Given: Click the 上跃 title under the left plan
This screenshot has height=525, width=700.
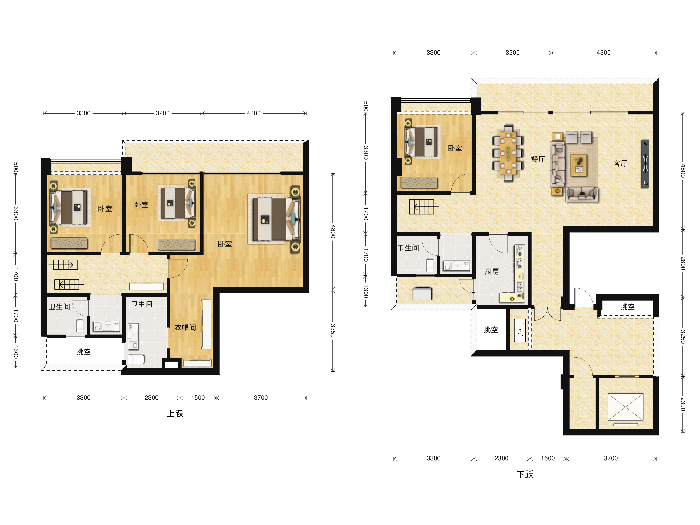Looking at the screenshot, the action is (175, 414).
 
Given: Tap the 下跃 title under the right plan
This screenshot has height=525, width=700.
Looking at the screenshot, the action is (525, 474).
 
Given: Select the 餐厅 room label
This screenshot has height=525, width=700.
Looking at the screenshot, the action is (538, 159).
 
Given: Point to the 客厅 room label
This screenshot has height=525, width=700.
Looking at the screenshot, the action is (620, 163).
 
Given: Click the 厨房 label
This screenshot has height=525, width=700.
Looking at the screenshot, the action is (492, 272).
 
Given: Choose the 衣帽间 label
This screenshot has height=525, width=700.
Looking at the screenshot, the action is (185, 328).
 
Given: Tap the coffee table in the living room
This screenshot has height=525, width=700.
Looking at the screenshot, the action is (579, 165).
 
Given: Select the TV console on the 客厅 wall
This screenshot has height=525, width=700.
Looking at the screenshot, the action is (645, 164).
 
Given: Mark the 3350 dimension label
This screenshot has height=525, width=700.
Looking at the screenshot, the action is (333, 330).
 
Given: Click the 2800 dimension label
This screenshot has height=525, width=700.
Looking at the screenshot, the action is (683, 263).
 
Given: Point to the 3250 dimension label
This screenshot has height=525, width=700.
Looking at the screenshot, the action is (683, 337).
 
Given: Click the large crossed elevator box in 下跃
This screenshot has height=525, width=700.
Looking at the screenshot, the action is (625, 407).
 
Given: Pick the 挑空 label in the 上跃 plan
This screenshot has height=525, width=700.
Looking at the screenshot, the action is (83, 351).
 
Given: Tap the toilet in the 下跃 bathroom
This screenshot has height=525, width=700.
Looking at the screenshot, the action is (430, 265).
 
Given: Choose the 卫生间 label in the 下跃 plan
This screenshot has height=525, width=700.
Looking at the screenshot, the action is (408, 248).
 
